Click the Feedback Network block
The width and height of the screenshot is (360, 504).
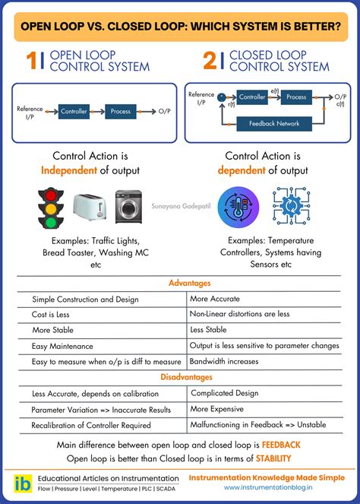pos(274,123)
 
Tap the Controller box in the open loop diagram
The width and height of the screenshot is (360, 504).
pos(74,112)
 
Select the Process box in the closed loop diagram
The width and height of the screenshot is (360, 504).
pos(296,97)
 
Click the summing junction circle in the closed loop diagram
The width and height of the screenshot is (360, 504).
pos(221,97)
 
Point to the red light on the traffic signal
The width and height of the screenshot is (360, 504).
pos(51,195)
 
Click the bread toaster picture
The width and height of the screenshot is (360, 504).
pos(90,207)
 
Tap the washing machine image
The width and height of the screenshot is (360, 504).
pos(128,207)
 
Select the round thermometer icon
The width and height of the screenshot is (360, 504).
pos(238,207)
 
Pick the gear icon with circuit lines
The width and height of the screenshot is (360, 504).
pos(291,206)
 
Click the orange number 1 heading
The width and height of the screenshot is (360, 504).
pos(32,60)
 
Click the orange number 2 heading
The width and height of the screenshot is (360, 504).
pos(210,60)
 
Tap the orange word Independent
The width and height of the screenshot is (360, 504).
pos(68,170)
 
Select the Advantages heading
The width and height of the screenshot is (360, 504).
pos(190,283)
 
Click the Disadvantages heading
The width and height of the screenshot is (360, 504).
pos(186,377)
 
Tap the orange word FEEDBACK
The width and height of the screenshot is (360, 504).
pos(281,445)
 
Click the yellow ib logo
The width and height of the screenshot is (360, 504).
pos(23,483)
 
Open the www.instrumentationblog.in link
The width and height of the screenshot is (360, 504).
pos(268,487)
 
